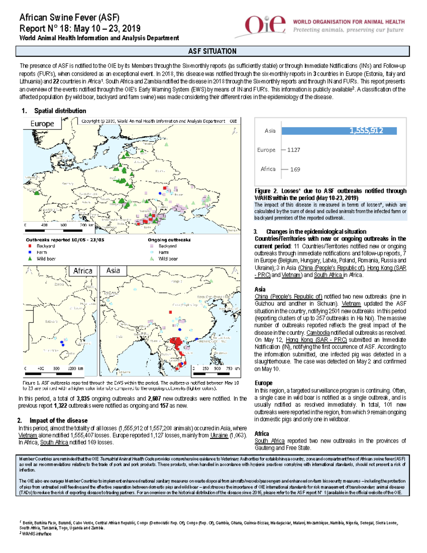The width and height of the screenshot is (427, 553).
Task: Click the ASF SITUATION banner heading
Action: pos(212,51)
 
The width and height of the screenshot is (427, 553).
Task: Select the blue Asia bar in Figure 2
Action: pos(339,131)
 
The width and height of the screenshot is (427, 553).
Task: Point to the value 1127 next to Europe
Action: pos(294,150)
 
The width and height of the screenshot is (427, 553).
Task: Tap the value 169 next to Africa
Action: pos(295,169)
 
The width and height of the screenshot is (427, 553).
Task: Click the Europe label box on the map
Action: pos(42,124)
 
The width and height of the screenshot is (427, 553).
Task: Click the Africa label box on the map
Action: pos(83,271)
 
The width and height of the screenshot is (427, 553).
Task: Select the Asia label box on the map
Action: pos(113,271)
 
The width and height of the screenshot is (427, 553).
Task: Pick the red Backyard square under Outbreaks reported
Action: pos(30,246)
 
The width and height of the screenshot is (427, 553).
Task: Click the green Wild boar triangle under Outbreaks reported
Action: pos(30,259)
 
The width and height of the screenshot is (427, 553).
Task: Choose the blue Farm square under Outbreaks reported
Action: pos(30,252)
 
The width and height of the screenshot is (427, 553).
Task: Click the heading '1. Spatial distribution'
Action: pos(54,111)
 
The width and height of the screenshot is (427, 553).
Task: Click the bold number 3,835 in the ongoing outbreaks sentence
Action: pos(83,399)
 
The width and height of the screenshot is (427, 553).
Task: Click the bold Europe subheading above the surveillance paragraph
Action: pos(263,383)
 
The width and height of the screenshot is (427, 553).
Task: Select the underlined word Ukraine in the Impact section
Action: pos(218,435)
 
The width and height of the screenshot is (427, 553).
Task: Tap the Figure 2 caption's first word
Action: pos(262,191)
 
